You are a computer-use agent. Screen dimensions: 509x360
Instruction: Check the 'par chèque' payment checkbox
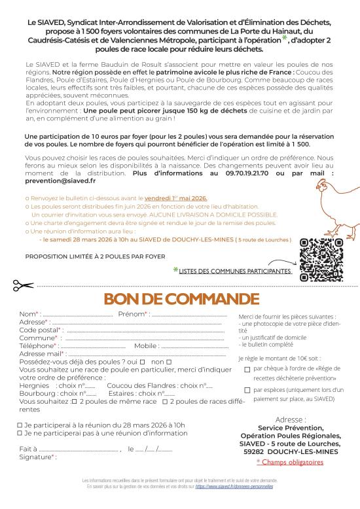point(247,369)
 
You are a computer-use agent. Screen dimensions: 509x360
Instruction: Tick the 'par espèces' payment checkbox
point(247,390)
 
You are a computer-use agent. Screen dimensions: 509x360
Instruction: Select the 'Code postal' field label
point(39,330)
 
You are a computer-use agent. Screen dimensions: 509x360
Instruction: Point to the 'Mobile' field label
point(146,345)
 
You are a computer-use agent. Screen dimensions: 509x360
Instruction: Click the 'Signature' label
point(35,457)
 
